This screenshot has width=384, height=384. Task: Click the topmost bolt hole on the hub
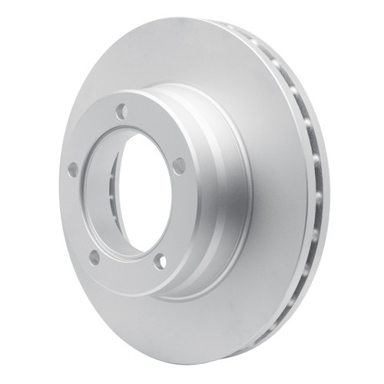point(121,112)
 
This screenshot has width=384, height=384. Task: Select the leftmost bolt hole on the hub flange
point(73,169)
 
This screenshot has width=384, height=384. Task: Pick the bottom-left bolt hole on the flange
point(94,257)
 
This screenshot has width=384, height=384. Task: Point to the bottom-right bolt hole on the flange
point(160,261)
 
